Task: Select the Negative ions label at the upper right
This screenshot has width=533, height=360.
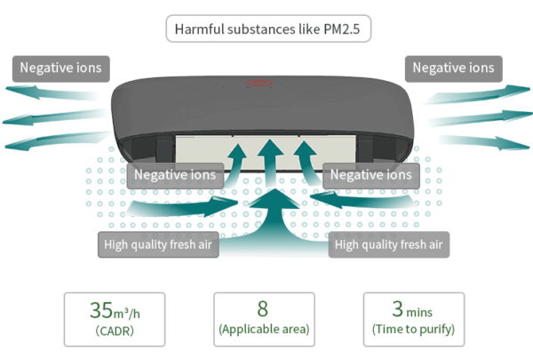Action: click(453, 68)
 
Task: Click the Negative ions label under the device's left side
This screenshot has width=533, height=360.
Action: click(174, 175)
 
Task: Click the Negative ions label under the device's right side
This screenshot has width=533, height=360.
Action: click(371, 175)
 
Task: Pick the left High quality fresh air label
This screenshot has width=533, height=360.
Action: click(158, 244)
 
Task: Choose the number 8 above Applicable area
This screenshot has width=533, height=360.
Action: click(263, 309)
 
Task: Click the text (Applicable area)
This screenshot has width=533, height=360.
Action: click(264, 330)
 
